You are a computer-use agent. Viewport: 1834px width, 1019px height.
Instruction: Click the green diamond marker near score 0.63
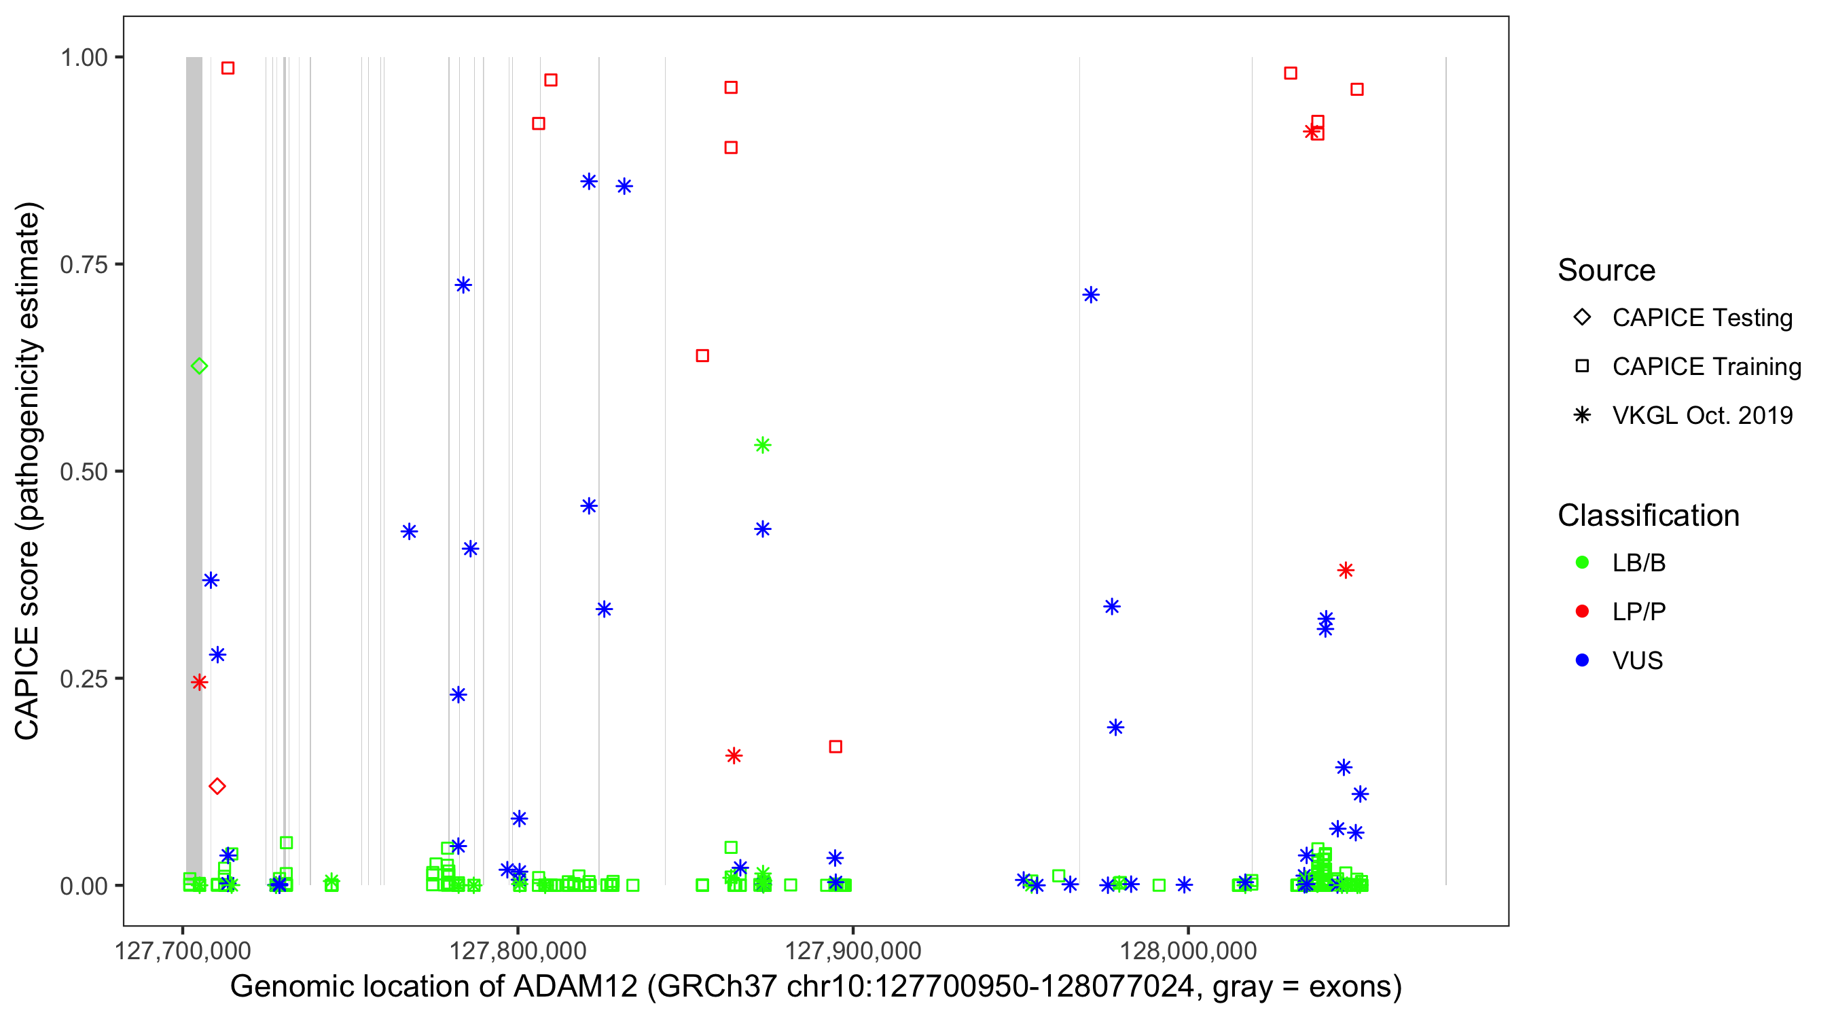point(199,366)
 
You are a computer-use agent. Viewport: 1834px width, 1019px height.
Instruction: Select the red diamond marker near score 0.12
point(217,786)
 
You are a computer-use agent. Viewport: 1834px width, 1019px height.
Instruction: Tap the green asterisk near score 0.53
point(763,445)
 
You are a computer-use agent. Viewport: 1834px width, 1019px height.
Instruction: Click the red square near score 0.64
point(702,355)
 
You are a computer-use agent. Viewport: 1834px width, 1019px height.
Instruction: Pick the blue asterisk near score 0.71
point(1091,295)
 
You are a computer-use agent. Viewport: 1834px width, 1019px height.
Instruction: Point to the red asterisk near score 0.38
point(1345,570)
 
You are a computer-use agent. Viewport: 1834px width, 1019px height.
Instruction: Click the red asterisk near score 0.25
point(199,682)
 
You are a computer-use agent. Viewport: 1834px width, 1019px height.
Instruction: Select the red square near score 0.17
point(836,747)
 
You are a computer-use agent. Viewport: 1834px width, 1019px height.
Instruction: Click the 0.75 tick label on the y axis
point(83,264)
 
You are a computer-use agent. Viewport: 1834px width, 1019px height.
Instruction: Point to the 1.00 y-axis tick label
point(83,57)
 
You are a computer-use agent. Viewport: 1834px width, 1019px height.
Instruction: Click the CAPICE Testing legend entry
point(1702,318)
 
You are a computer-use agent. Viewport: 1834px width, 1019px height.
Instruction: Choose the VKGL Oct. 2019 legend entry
point(1702,415)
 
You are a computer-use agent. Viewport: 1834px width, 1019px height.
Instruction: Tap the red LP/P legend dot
point(1582,611)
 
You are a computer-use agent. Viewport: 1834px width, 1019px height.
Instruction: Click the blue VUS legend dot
point(1582,660)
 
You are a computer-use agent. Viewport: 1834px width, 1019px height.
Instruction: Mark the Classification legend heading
point(1648,515)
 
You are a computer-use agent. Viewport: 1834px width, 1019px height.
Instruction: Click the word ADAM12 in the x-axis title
point(575,986)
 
